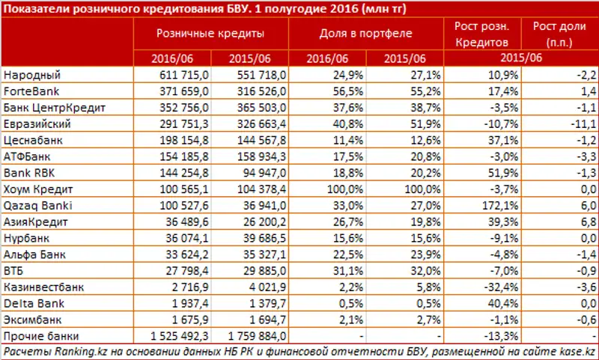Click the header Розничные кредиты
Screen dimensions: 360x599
tap(210, 34)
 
